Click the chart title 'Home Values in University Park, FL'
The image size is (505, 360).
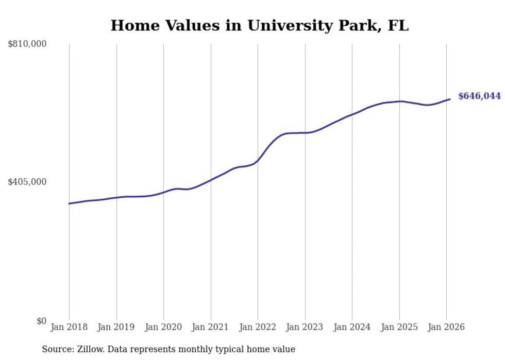point(259,25)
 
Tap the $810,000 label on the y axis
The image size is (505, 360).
point(27,44)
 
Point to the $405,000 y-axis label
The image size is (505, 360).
point(27,182)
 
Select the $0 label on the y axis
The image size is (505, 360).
point(41,321)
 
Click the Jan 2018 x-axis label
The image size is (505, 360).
point(69,328)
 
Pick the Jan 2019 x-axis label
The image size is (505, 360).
point(116,328)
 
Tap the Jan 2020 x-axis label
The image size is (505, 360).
point(163,328)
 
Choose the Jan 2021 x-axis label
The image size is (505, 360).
point(211,328)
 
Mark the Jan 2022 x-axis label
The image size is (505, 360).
point(258,328)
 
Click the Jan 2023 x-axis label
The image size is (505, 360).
point(305,328)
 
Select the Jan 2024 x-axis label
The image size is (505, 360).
point(352,328)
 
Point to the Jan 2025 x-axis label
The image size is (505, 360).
point(399,328)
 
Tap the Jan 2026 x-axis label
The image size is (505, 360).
point(446,328)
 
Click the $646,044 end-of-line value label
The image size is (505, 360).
point(479,96)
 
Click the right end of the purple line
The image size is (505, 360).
point(450,99)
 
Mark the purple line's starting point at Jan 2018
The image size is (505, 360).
point(69,203)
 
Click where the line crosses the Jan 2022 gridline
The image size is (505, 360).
point(258,160)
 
